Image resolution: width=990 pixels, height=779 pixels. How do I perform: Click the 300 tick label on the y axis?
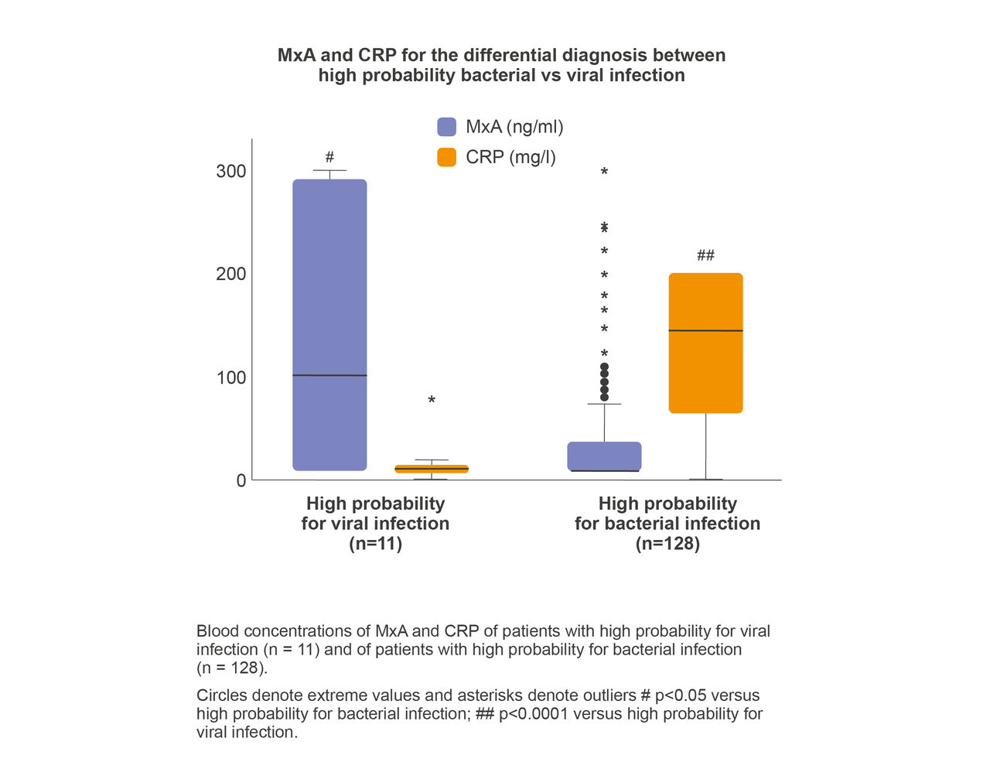(x=230, y=171)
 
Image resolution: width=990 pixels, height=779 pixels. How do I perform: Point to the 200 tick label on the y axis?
(x=230, y=274)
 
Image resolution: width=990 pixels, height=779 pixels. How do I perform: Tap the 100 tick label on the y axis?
(x=230, y=378)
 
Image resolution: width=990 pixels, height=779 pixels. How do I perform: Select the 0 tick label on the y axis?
(x=241, y=480)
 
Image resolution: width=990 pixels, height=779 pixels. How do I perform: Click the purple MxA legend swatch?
(x=447, y=127)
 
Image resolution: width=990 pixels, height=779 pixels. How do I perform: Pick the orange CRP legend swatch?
(x=447, y=157)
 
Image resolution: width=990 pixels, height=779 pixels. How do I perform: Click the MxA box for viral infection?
(x=329, y=294)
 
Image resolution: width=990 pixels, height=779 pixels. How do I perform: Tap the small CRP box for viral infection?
(x=432, y=469)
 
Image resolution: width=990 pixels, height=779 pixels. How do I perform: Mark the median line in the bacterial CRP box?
(x=705, y=330)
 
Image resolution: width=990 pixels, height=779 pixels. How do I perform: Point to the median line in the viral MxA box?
(x=329, y=375)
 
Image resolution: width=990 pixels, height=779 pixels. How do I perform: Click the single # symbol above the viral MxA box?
(x=329, y=157)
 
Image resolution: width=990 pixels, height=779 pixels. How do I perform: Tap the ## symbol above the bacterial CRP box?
(x=705, y=255)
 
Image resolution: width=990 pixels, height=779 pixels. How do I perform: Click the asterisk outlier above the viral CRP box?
(x=432, y=401)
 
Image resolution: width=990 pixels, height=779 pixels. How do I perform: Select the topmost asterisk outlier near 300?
(x=604, y=172)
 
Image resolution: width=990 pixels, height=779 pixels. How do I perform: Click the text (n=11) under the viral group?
(x=375, y=544)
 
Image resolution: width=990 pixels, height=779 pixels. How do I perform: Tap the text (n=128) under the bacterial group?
(x=667, y=544)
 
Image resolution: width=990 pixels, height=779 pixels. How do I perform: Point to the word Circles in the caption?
(x=220, y=695)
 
